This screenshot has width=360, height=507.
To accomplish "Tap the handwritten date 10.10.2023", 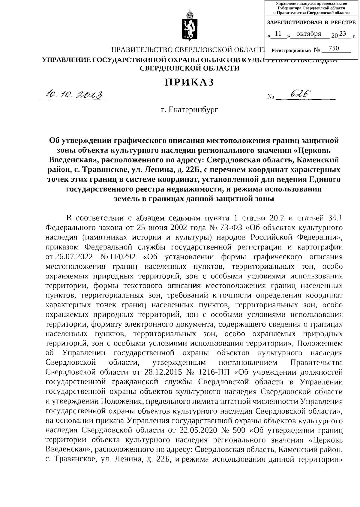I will pos(73,95).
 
